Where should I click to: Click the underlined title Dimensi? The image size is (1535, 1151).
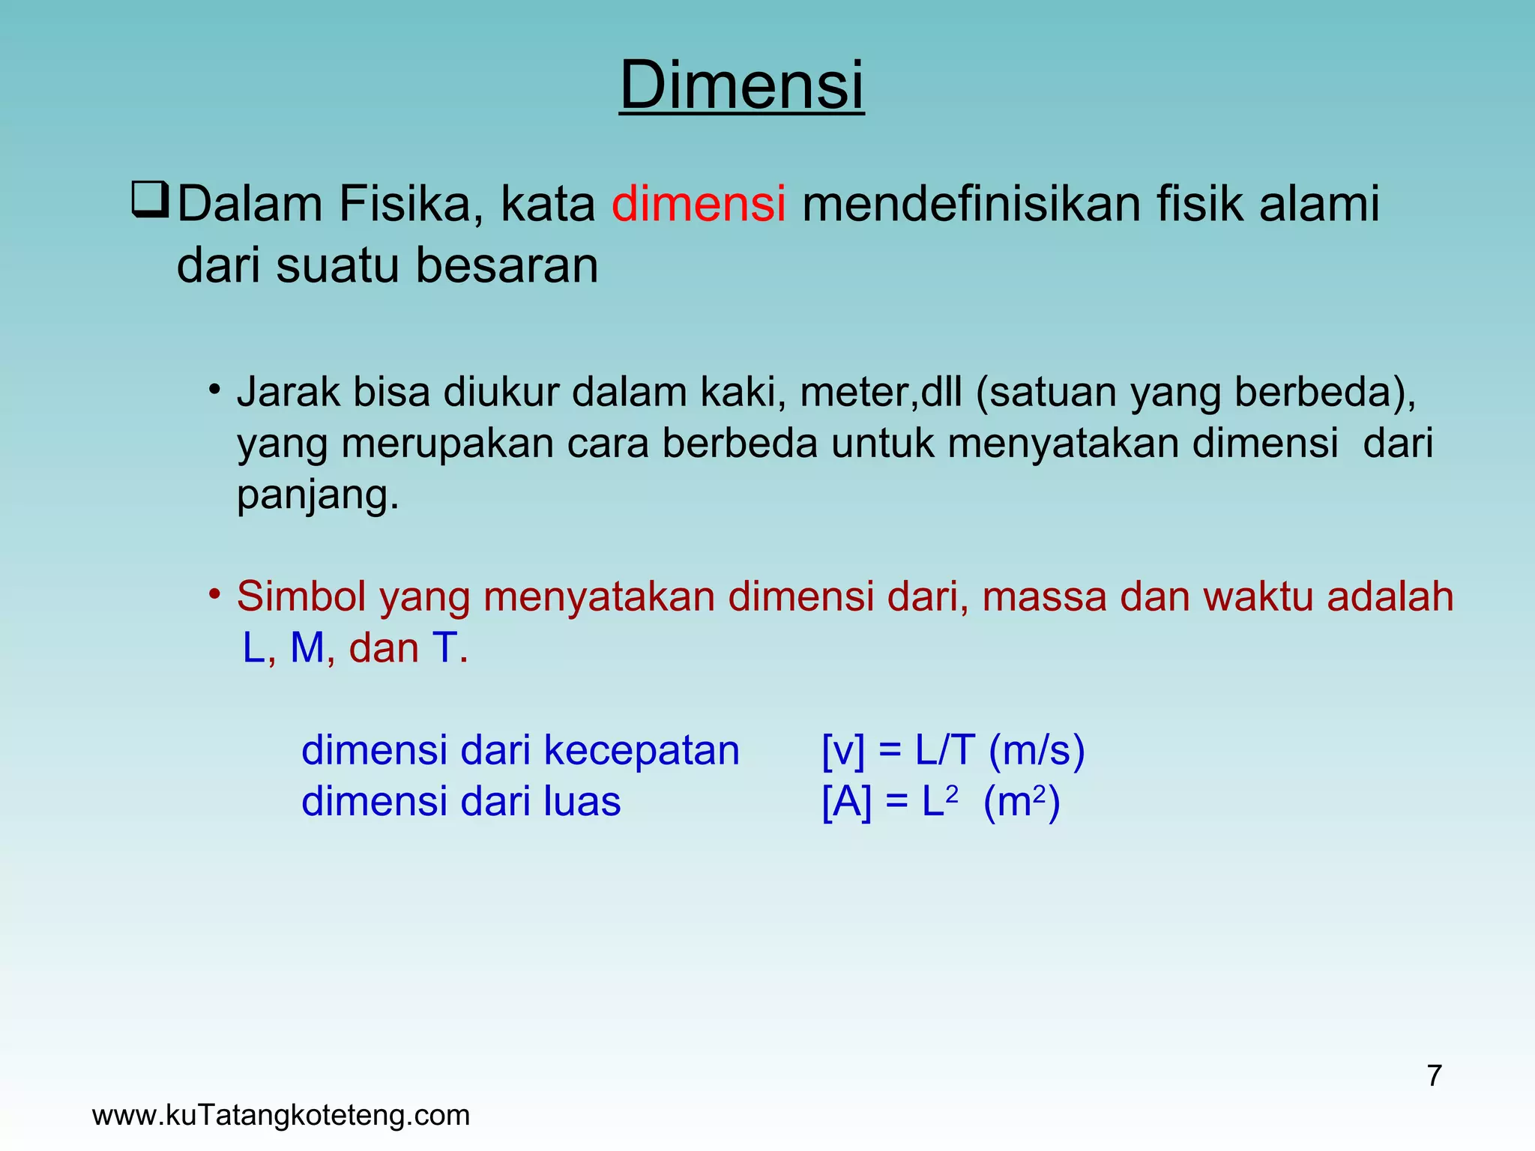click(741, 85)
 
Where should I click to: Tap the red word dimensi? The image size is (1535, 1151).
click(698, 204)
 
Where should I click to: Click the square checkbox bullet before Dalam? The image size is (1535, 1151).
click(149, 201)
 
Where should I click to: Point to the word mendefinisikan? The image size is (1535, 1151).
click(971, 204)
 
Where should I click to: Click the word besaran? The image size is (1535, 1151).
click(507, 266)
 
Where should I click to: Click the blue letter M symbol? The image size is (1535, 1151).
click(307, 648)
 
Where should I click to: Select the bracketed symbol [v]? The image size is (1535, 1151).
click(842, 751)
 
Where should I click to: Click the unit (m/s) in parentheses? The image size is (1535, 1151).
click(1037, 751)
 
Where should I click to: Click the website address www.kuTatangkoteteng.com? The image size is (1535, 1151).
click(280, 1116)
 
